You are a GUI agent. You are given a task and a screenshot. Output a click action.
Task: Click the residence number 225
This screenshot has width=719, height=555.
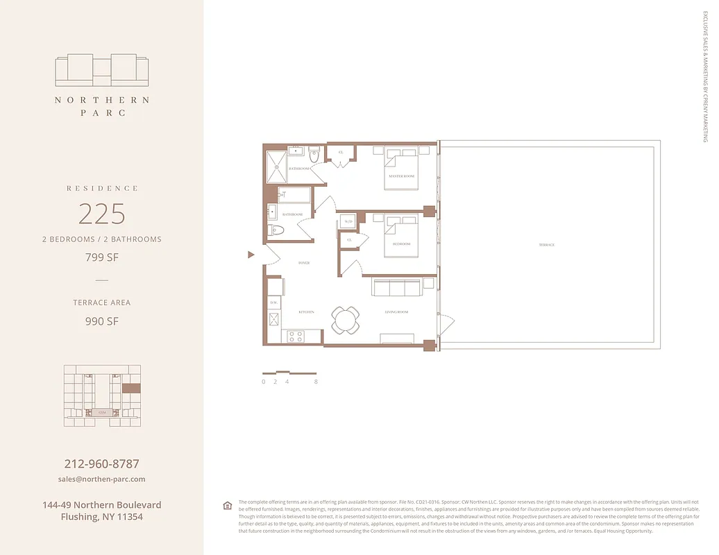tap(102, 214)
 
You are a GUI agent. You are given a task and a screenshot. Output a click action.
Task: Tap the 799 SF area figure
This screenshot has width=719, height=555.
tap(102, 257)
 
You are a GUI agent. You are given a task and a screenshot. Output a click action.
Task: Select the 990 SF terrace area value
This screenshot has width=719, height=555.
tap(102, 321)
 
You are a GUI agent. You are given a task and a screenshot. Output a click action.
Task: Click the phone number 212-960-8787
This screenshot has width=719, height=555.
tap(102, 463)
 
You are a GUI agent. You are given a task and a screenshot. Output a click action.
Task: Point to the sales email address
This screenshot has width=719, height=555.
tap(102, 479)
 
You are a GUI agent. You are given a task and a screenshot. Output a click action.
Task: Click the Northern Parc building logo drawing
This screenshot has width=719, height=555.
tap(102, 70)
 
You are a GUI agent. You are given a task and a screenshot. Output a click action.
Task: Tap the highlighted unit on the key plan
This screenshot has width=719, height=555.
tap(131, 388)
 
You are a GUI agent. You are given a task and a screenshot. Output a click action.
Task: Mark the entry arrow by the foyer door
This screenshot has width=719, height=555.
tap(251, 255)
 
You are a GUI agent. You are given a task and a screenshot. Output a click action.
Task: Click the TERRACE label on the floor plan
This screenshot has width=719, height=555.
tap(546, 245)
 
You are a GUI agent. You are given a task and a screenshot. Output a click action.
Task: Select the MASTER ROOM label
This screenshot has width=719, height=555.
tap(401, 176)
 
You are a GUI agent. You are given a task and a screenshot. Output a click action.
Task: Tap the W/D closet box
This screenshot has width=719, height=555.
tap(348, 222)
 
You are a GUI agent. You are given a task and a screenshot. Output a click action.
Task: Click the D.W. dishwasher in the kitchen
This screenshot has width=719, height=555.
tap(273, 303)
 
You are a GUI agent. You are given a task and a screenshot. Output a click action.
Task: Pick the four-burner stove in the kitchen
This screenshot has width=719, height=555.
tap(295, 336)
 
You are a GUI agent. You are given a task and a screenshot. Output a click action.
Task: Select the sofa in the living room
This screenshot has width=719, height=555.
tap(396, 288)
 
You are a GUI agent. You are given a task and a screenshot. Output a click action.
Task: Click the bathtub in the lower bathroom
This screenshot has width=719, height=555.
tap(294, 195)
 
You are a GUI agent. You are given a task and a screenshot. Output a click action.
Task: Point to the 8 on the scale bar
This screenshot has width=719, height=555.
tap(316, 382)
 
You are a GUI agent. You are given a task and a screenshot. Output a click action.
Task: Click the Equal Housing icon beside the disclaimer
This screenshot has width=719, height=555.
tap(227, 505)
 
